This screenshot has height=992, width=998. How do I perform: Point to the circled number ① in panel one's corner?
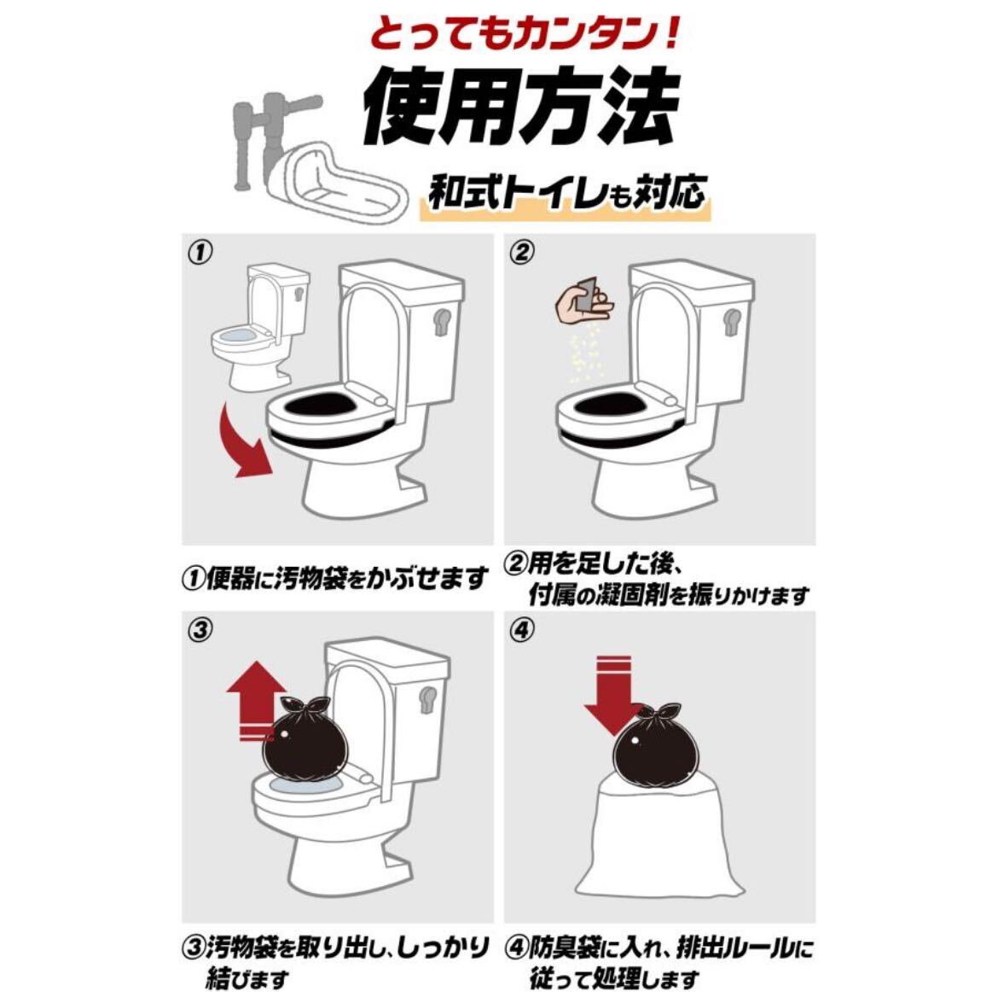point(200,253)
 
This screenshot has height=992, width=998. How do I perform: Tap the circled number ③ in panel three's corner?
point(200,631)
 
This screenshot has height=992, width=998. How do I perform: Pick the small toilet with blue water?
point(259,328)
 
